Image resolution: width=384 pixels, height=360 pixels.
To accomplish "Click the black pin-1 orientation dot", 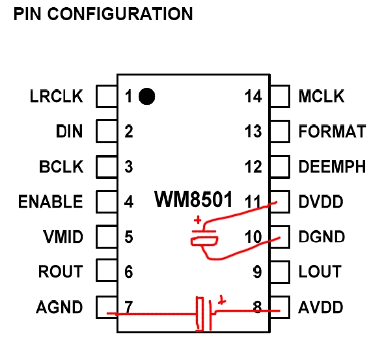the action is tap(146, 96).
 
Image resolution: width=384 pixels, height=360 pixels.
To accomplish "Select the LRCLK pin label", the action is tap(57, 96).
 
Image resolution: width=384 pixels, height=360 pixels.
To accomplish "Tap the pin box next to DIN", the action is tap(107, 132).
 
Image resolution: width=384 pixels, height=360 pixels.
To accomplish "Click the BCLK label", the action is tap(61, 167).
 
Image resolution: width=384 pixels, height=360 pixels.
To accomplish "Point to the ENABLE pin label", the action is tap(51, 202).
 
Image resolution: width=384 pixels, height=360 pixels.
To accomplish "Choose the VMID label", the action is tap(63, 237).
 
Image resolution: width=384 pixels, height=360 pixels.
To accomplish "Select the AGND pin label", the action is tap(59, 307).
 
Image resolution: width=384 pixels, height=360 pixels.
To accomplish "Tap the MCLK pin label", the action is tap(322, 96).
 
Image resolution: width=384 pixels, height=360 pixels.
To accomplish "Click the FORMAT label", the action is tap(333, 132).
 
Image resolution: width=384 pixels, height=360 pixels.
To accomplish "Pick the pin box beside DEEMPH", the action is tap(280, 167).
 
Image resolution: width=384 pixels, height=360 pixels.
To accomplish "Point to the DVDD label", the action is tap(321, 202).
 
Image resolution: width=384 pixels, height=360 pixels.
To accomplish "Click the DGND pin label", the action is tap(322, 237).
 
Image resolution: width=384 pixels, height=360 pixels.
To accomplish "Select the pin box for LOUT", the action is tap(280, 272).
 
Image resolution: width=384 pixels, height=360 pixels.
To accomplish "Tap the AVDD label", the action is tap(321, 307).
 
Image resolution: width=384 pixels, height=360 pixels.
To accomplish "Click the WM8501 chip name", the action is tap(193, 199).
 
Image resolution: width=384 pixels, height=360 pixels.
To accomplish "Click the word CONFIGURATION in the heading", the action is tap(120, 14).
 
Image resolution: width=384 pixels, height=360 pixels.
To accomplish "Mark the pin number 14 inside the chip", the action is tap(253, 96).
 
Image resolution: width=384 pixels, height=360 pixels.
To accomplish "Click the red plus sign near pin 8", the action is tap(222, 300).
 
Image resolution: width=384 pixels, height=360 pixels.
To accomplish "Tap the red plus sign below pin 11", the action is tap(198, 220).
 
